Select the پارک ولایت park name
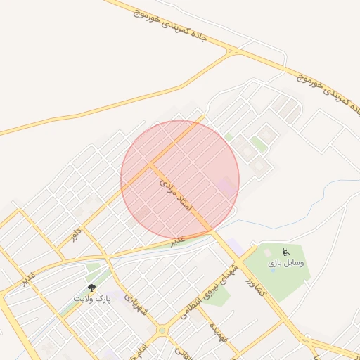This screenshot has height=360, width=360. point(93,299)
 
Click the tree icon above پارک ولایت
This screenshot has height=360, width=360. point(91,288)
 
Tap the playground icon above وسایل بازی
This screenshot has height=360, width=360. point(285,252)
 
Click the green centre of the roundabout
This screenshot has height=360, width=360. point(163,330)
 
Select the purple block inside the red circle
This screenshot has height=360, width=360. point(226,188)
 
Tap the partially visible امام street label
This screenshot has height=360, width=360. point(141,349)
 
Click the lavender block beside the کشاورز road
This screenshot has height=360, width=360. point(237,248)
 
